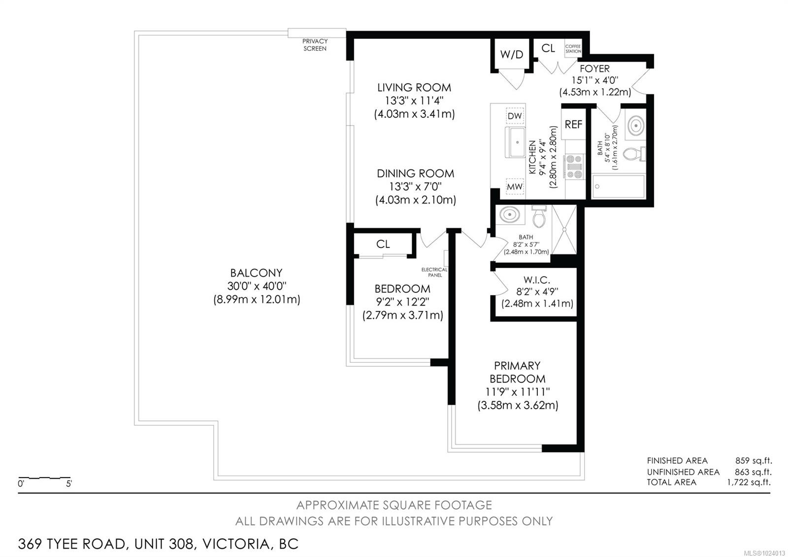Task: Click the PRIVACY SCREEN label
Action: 315,45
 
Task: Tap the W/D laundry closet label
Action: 512,55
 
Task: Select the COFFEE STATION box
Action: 573,48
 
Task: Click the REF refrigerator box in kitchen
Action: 573,125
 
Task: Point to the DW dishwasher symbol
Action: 515,116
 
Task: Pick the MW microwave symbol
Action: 515,187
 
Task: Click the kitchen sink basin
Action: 517,142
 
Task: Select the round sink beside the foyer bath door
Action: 635,125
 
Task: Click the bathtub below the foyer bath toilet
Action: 619,186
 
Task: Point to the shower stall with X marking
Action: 564,229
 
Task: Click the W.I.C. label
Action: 536,280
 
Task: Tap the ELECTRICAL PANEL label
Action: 434,272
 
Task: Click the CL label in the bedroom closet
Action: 383,244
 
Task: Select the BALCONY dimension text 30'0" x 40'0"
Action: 257,286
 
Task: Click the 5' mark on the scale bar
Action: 69,484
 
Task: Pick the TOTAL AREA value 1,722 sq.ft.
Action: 749,482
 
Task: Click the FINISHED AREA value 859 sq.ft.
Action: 753,460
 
